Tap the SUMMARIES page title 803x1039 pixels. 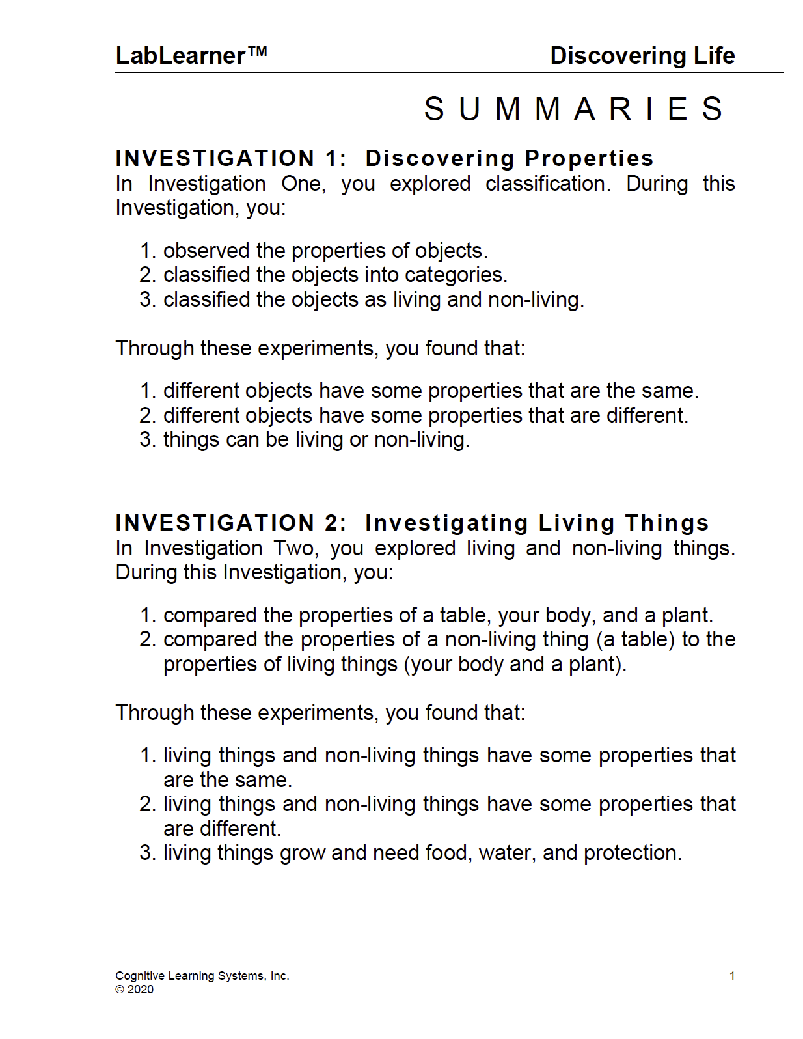(574, 109)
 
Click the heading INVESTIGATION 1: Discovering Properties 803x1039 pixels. (384, 158)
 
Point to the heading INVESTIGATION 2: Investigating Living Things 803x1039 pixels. (411, 523)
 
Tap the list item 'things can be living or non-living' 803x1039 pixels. (316, 439)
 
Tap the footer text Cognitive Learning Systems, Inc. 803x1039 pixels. (202, 976)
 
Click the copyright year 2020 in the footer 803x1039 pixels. (141, 990)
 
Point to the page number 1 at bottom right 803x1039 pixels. (732, 976)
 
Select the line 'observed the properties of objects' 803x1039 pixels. (325, 251)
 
